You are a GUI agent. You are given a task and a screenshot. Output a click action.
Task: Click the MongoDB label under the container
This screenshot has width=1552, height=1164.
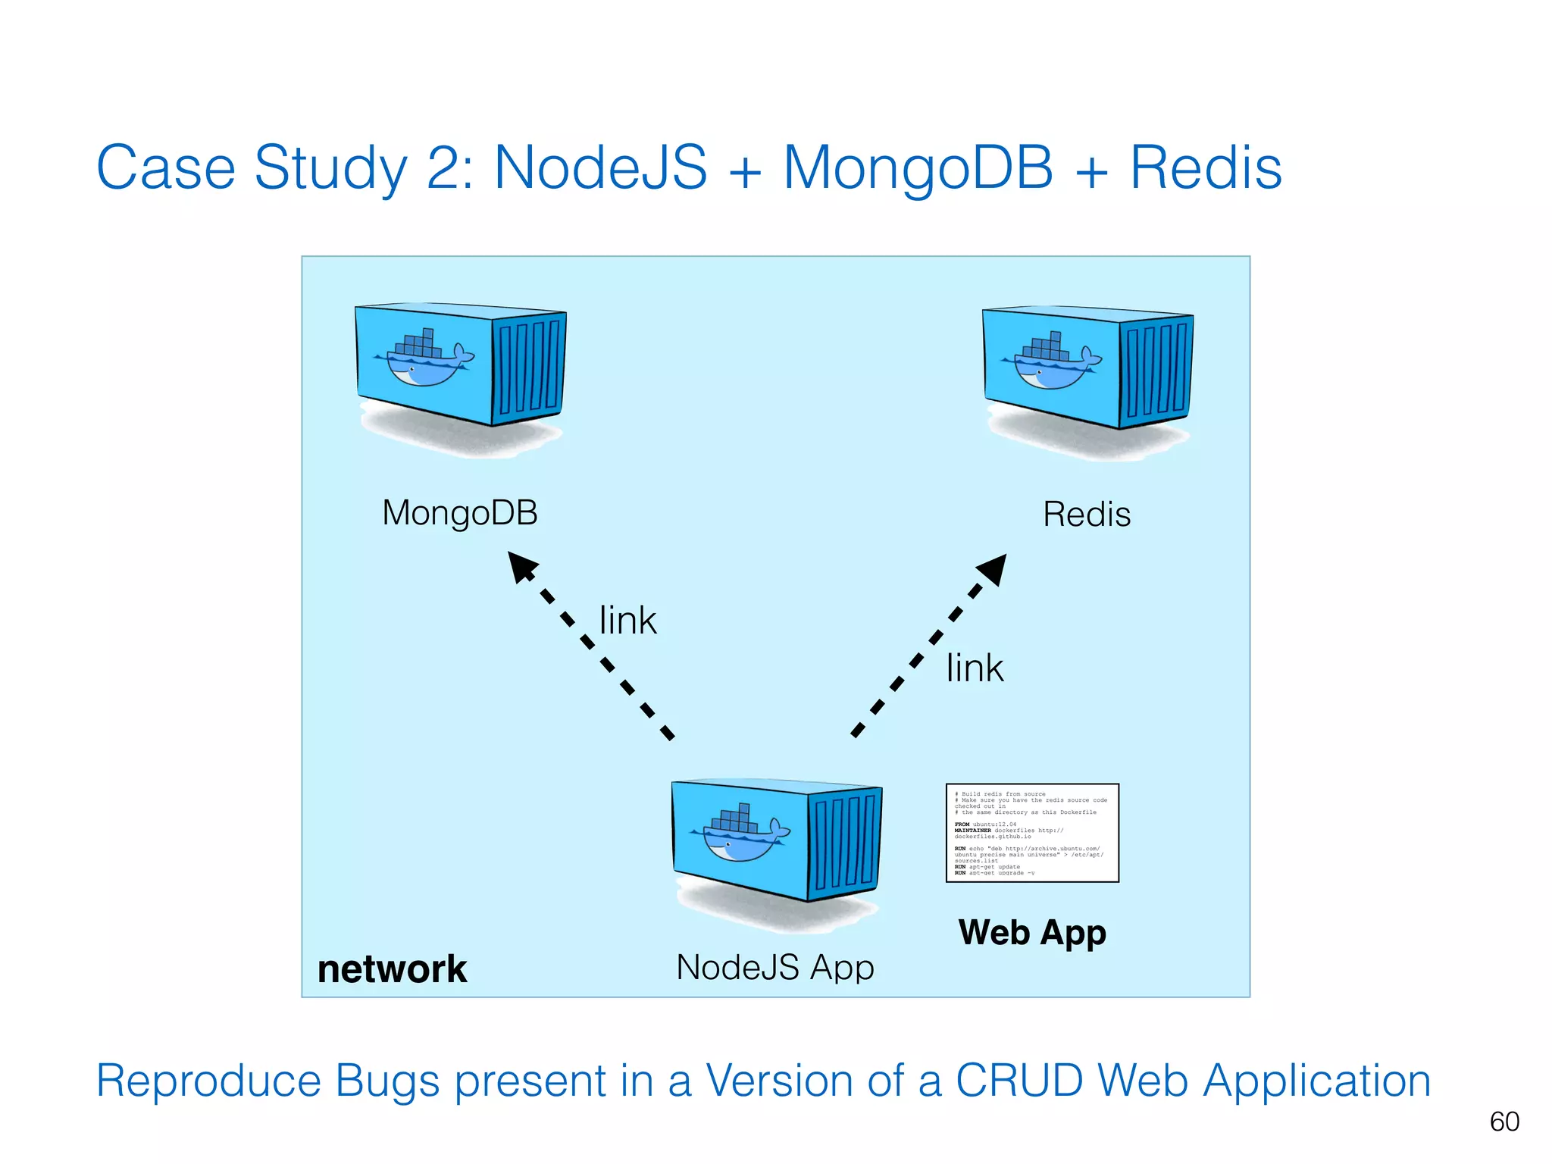coord(460,513)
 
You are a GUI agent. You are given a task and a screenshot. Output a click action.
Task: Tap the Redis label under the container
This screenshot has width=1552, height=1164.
coord(1086,515)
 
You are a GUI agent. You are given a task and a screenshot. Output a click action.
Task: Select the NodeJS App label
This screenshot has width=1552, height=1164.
coord(774,967)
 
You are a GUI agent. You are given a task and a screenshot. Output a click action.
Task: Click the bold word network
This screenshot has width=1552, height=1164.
coord(392,969)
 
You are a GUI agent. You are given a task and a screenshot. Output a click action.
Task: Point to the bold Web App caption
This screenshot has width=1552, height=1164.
coord(1032,932)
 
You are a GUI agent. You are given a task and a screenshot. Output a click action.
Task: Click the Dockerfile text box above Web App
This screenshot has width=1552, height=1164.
coord(1032,833)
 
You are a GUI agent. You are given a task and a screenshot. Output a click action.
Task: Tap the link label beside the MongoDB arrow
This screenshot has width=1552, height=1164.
coord(627,621)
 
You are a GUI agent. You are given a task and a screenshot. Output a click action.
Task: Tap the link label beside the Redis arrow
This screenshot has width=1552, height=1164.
coord(974,668)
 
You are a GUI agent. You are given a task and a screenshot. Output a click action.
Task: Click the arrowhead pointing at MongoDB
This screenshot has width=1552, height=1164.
coord(521,566)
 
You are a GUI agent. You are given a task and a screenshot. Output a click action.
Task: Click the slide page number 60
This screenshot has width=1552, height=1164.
coord(1503,1122)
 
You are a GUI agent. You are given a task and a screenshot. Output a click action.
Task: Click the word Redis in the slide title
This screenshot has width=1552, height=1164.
coord(1205,167)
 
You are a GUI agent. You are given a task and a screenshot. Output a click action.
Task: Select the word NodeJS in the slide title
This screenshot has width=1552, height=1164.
coord(600,167)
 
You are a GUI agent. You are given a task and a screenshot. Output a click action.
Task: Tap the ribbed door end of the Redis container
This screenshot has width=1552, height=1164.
coord(1156,371)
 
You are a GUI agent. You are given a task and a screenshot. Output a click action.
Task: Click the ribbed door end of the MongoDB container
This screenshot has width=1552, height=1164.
coord(529,368)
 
